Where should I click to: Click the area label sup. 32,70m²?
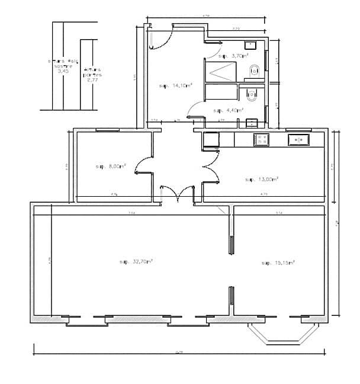point(137,261)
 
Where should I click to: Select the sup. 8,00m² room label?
point(111,167)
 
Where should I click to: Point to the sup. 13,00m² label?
point(262,178)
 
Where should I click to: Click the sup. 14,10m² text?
point(176,86)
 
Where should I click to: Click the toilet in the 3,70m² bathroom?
point(255,71)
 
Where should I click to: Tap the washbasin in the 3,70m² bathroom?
point(250,44)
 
